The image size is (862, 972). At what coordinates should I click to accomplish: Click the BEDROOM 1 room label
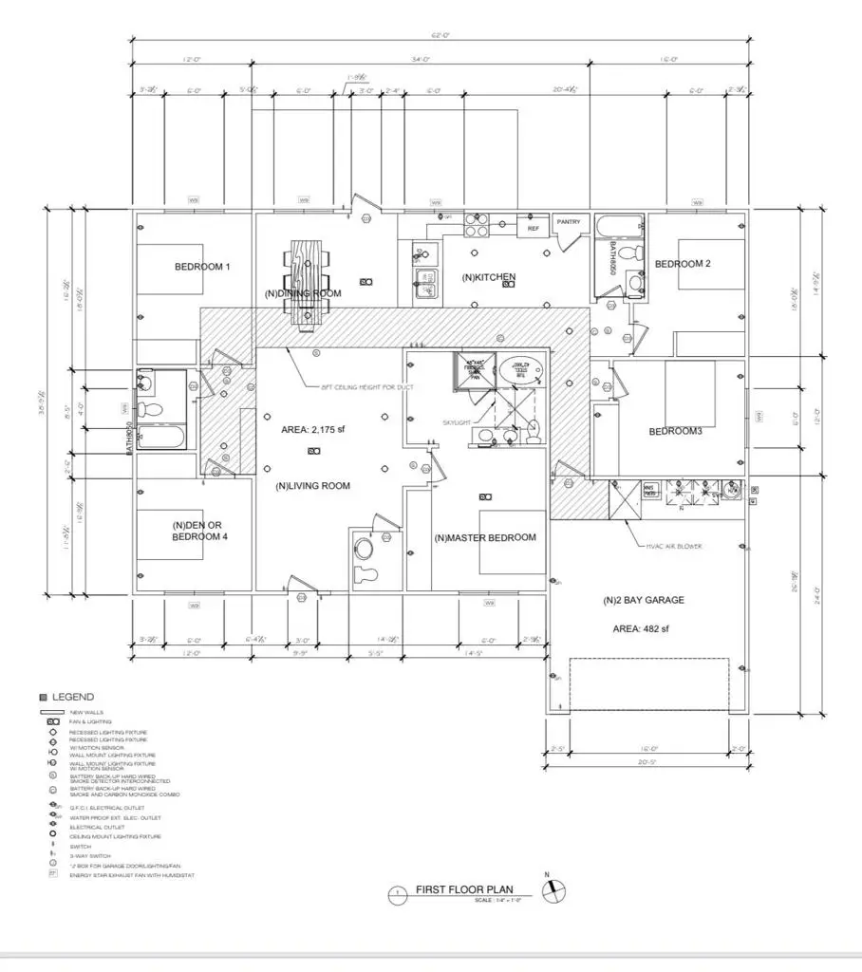click(202, 267)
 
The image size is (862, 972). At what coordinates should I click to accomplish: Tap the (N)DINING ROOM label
click(302, 294)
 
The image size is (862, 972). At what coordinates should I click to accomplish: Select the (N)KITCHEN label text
click(489, 277)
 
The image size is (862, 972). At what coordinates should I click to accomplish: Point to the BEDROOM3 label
click(675, 432)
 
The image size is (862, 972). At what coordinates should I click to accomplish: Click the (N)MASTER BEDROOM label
click(485, 537)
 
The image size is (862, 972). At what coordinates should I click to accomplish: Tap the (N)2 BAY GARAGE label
click(643, 601)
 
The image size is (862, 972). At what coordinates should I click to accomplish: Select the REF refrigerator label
click(533, 229)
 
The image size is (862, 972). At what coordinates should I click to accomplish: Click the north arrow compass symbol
click(553, 890)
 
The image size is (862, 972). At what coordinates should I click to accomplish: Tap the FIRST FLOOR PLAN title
click(464, 890)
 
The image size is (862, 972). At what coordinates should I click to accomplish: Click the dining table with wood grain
click(307, 283)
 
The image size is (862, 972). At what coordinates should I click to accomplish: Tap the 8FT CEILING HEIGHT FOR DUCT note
click(362, 388)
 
